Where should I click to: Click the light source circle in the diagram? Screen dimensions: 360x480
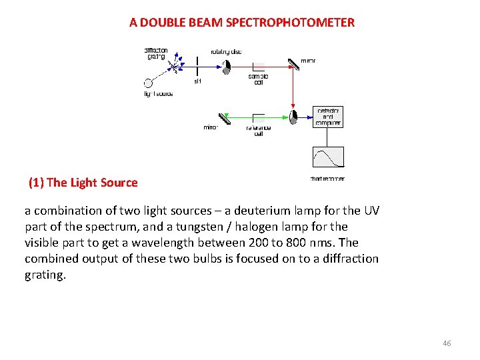pyautogui.click(x=148, y=83)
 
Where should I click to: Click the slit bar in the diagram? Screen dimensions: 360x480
pyautogui.click(x=197, y=66)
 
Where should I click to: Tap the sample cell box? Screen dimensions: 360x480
pyautogui.click(x=259, y=67)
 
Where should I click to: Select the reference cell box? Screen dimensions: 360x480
pyautogui.click(x=259, y=118)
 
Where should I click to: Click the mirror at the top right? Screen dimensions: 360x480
pyautogui.click(x=294, y=65)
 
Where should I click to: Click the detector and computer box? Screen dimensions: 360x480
pyautogui.click(x=328, y=117)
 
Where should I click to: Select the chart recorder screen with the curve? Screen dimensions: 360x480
pyautogui.click(x=328, y=157)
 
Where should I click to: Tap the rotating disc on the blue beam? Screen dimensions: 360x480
pyautogui.click(x=227, y=66)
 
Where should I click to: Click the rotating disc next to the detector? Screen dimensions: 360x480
pyautogui.click(x=293, y=117)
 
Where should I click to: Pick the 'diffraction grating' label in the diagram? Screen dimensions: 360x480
pyautogui.click(x=157, y=53)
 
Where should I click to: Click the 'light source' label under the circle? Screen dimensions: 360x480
pyautogui.click(x=159, y=94)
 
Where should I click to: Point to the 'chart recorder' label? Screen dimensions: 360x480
pyautogui.click(x=327, y=179)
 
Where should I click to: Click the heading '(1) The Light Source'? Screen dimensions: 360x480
pyautogui.click(x=83, y=183)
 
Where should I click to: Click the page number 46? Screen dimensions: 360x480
pyautogui.click(x=447, y=343)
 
